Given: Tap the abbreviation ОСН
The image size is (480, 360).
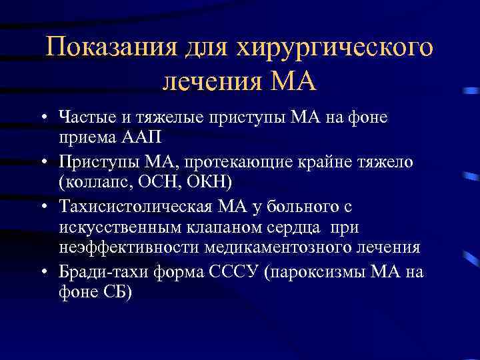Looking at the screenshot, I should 155,183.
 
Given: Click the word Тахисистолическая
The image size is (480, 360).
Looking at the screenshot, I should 132,206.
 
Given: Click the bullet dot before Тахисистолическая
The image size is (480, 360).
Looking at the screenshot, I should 42,207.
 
